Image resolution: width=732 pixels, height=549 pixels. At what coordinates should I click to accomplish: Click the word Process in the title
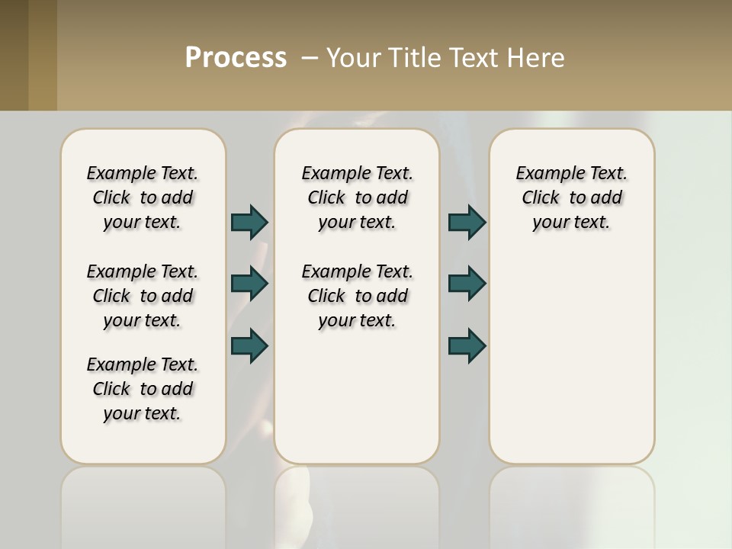click(x=236, y=58)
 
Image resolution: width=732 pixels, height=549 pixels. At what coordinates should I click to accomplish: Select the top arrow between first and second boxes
click(x=249, y=223)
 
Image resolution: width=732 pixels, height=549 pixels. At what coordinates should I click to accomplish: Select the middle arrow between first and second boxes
click(x=249, y=284)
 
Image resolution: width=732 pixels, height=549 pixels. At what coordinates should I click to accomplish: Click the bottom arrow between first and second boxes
click(x=249, y=345)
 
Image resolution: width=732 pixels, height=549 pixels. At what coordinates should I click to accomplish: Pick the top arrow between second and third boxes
click(x=467, y=223)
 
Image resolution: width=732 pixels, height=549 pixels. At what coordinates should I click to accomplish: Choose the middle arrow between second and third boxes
click(x=467, y=284)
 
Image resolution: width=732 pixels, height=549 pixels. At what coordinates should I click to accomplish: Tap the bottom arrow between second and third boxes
click(x=467, y=345)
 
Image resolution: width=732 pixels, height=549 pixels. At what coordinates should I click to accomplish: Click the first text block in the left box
click(x=143, y=197)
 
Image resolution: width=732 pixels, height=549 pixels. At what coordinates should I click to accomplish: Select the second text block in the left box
click(x=143, y=296)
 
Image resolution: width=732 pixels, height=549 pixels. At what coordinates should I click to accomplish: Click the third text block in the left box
click(x=143, y=389)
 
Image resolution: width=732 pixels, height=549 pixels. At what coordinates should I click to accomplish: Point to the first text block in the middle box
click(x=357, y=197)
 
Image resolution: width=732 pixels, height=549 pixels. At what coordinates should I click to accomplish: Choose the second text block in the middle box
click(x=357, y=296)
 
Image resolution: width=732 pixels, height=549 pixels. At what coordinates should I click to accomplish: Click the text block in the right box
click(x=571, y=197)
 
